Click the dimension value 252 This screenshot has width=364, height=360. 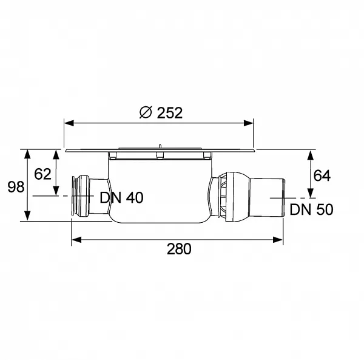click(x=170, y=113)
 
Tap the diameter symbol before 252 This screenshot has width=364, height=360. click(x=146, y=112)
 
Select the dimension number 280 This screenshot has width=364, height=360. click(x=179, y=249)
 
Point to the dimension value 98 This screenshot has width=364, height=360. click(x=16, y=187)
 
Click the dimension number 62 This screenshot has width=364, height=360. click(x=42, y=174)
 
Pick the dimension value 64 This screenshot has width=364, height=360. click(x=322, y=175)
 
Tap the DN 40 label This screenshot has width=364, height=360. click(x=121, y=198)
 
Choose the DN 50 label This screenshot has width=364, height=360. click(x=311, y=209)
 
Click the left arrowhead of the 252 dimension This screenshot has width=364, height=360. click(x=69, y=123)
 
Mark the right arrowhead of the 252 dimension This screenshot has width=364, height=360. click(x=249, y=123)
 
